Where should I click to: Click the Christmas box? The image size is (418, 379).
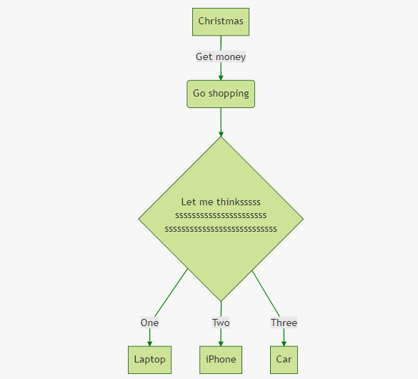click(x=221, y=21)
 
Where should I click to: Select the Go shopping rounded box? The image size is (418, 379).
click(x=221, y=94)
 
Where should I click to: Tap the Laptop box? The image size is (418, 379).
click(x=149, y=360)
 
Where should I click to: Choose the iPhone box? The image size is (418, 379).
click(x=221, y=360)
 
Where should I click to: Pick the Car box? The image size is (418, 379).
click(x=284, y=360)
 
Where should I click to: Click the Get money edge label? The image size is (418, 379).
click(x=221, y=56)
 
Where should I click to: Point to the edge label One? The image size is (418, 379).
click(x=149, y=323)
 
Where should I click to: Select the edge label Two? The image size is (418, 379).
click(x=221, y=323)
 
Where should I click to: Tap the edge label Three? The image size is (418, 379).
click(x=284, y=323)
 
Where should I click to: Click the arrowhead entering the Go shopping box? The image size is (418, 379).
click(x=221, y=78)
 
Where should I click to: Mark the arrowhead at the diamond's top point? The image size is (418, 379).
click(x=221, y=134)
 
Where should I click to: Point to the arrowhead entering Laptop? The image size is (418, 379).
click(x=149, y=343)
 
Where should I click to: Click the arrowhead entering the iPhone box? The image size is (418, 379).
click(x=221, y=343)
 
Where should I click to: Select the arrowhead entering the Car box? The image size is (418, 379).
click(x=284, y=343)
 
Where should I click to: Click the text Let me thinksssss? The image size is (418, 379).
click(x=221, y=202)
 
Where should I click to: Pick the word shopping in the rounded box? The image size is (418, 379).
click(x=229, y=94)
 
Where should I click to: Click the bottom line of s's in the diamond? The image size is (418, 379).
click(x=221, y=229)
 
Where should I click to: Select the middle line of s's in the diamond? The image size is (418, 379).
click(x=221, y=215)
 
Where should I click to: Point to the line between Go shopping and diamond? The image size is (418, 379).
click(x=221, y=122)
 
